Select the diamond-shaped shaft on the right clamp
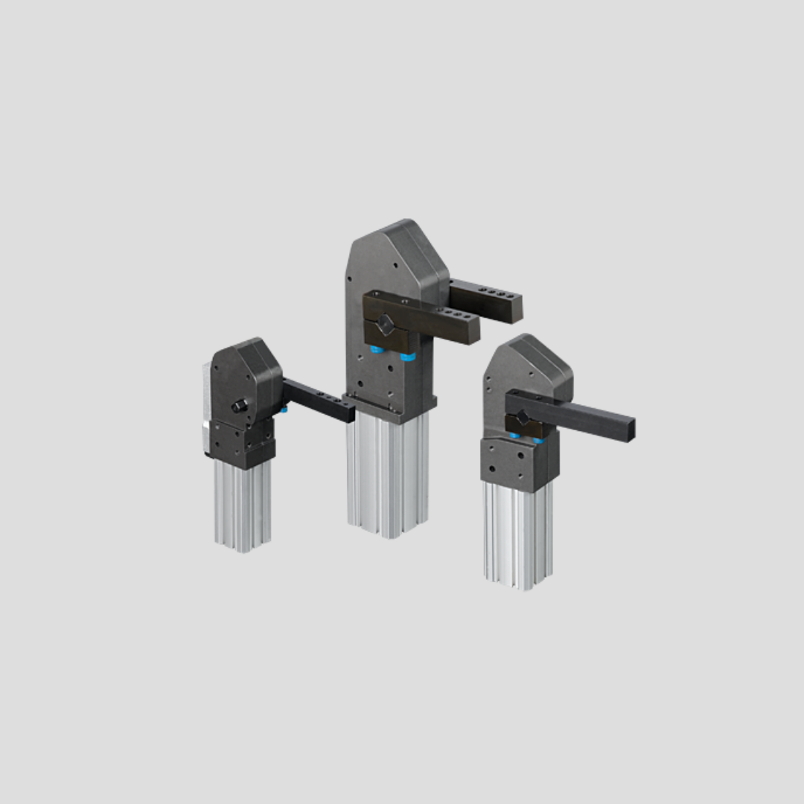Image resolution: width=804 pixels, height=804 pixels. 523,419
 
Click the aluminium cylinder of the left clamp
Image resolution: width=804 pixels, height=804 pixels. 243,506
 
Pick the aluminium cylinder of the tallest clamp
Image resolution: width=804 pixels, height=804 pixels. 387,476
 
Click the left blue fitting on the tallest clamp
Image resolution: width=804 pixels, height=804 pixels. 376,348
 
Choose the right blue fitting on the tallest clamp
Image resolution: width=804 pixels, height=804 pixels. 407,357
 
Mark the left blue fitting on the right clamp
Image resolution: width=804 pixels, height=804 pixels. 514,435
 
